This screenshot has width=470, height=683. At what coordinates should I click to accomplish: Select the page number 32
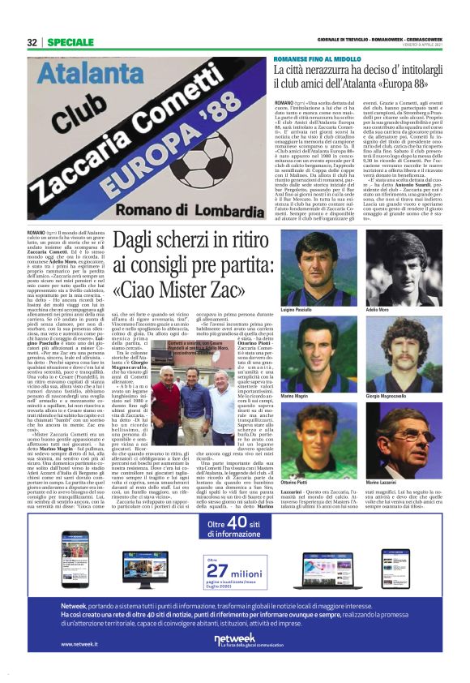tap(32, 41)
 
